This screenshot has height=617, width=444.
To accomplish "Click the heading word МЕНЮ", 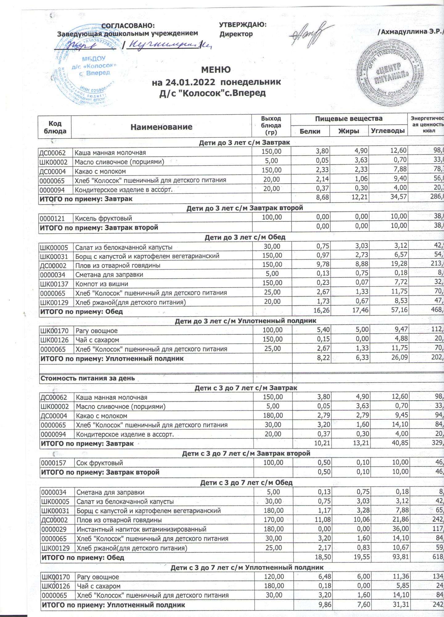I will [x=216, y=70].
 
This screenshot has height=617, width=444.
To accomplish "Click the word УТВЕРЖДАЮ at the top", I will [x=242, y=25].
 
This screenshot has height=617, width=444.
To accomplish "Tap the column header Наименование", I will [x=161, y=127].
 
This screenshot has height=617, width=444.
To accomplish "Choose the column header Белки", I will [x=310, y=131].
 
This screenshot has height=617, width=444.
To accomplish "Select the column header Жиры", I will [x=349, y=131].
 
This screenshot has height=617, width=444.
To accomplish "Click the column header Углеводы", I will [x=388, y=131].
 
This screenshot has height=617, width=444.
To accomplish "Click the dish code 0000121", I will [x=52, y=218].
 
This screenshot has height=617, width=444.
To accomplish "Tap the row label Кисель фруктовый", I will [x=104, y=218].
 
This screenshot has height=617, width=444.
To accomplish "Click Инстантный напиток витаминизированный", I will [x=141, y=529].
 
